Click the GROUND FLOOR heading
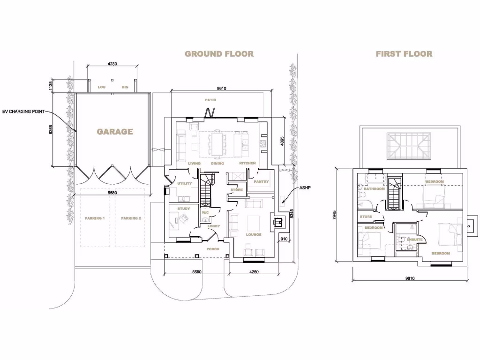tap(219, 54)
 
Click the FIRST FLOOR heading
tap(404, 54)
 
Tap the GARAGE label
tap(115, 132)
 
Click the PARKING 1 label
tap(94, 218)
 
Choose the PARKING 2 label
tap(131, 218)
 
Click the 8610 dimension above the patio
tap(216, 89)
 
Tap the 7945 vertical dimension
tap(334, 215)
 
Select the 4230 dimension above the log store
tap(112, 64)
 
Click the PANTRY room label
tap(261, 182)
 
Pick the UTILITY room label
tap(184, 184)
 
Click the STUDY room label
tap(183, 208)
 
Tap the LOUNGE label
tap(254, 234)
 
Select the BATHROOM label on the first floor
tap(374, 189)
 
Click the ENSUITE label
tap(414, 240)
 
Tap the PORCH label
tap(213, 249)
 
